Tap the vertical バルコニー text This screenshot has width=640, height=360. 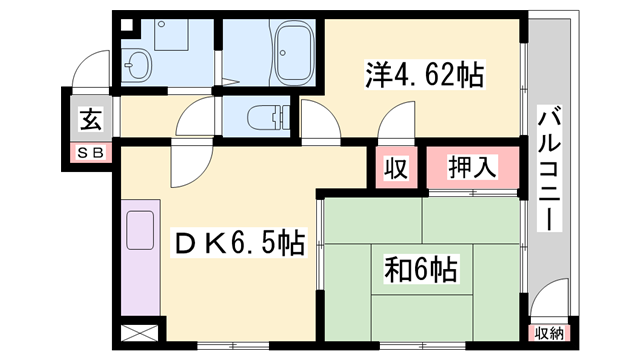[x=549, y=169]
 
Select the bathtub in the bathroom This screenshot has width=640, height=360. [x=294, y=55]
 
